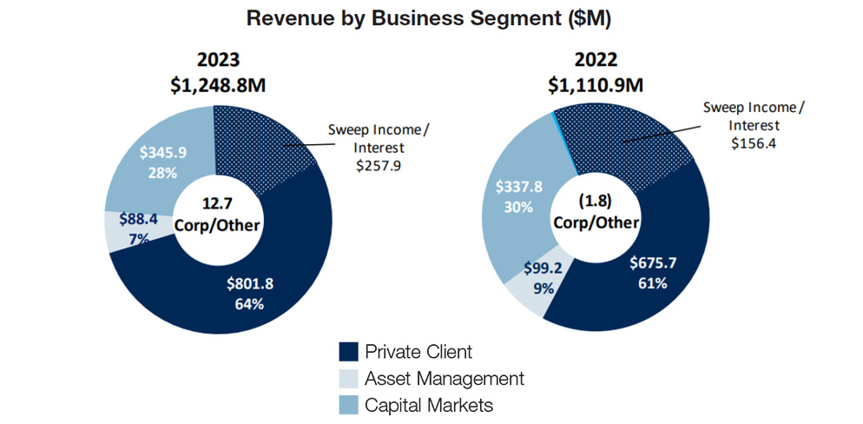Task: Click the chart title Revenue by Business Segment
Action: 429,18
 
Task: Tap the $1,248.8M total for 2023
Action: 218,86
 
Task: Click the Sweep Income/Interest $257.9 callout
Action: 378,147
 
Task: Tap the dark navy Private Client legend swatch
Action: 348,352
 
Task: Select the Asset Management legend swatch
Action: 348,379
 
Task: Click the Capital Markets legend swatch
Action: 348,405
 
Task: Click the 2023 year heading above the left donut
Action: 218,60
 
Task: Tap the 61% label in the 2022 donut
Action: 649,283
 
